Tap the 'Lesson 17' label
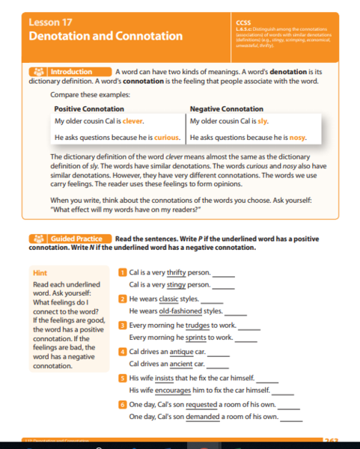(x=49, y=22)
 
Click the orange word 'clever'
(x=132, y=120)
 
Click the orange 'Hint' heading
(x=40, y=273)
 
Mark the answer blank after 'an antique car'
(x=218, y=352)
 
